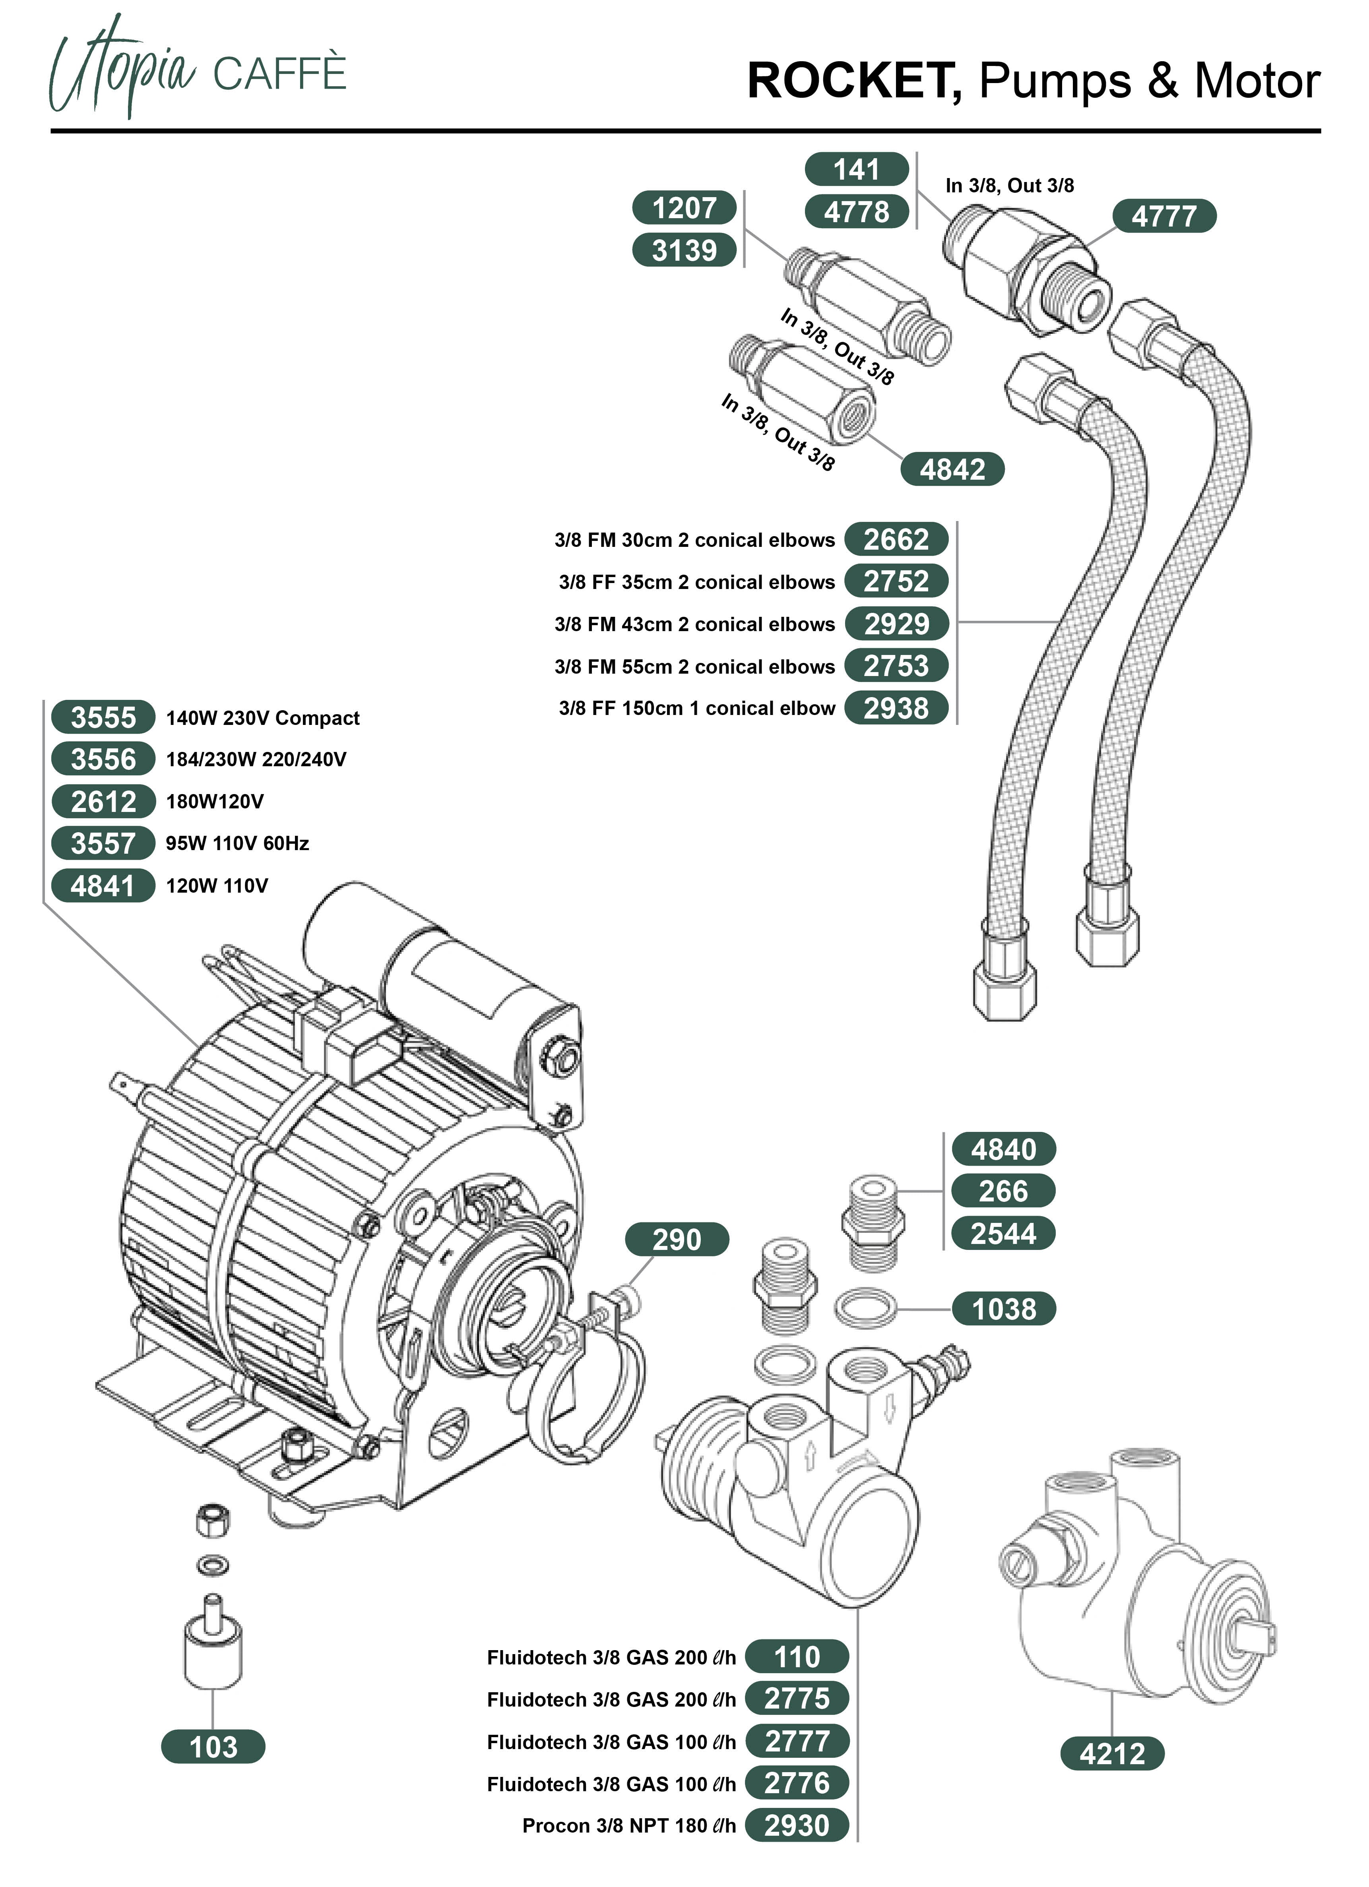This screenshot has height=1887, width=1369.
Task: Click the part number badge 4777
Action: click(1163, 216)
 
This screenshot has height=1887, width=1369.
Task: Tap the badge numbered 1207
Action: click(684, 208)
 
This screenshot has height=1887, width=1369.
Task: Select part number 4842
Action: click(952, 469)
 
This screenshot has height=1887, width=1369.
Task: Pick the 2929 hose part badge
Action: click(896, 624)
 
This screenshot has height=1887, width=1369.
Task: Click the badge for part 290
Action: click(677, 1240)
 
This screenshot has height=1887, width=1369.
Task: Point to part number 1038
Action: click(1004, 1309)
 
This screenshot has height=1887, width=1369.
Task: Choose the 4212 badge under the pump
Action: click(1112, 1754)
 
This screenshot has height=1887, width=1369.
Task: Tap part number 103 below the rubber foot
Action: click(213, 1747)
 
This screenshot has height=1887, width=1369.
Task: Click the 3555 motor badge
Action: click(103, 717)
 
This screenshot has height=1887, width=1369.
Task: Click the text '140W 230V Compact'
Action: click(262, 718)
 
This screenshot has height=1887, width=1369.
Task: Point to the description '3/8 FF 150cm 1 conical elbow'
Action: click(696, 708)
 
